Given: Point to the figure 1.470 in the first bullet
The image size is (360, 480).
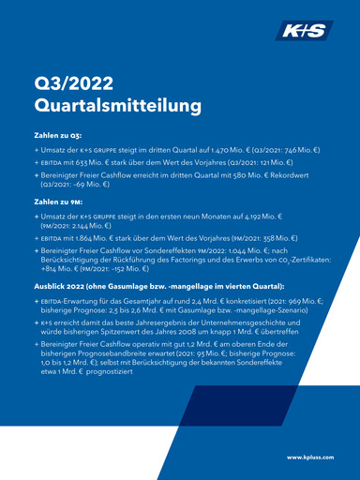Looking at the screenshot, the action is (218, 149).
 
